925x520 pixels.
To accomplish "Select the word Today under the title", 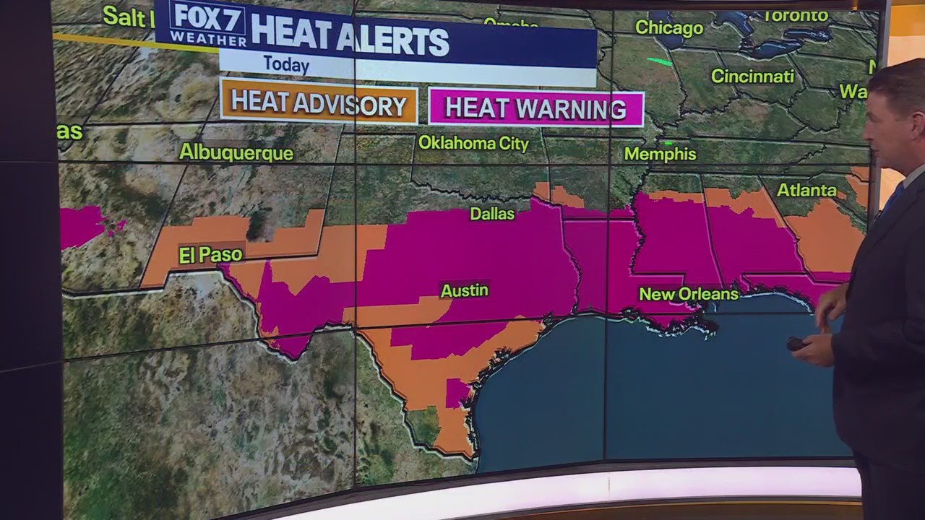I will tap(286, 64).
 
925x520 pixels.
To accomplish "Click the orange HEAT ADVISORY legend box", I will tap(319, 104).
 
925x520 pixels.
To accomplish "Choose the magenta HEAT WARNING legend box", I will tap(535, 108).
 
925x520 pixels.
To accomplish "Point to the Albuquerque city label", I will tap(236, 153).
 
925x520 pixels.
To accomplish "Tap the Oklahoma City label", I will tap(473, 143).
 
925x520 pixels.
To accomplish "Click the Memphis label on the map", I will tap(660, 154).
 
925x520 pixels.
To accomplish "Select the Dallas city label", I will tap(492, 213).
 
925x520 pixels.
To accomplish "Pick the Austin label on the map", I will tap(465, 290).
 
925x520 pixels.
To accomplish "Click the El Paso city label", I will tap(210, 255).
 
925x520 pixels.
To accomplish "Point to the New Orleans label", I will tap(689, 294).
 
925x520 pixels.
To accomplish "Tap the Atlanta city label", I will tap(806, 191).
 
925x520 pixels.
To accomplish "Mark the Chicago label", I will tap(668, 28).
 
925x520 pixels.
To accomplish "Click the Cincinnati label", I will tap(752, 77).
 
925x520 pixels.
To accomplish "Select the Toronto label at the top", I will tap(795, 15).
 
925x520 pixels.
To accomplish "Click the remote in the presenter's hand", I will tap(796, 344).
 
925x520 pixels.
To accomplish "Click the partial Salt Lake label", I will tap(124, 16).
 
